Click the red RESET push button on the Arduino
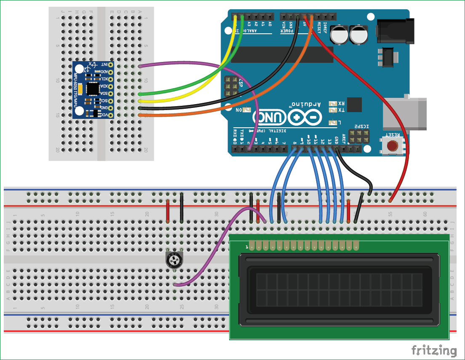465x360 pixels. tap(393, 146)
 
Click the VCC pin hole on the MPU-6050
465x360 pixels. tap(111, 115)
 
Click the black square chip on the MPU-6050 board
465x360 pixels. tap(93, 89)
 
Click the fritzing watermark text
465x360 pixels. tap(433, 350)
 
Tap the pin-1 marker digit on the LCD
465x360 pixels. tap(247, 246)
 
